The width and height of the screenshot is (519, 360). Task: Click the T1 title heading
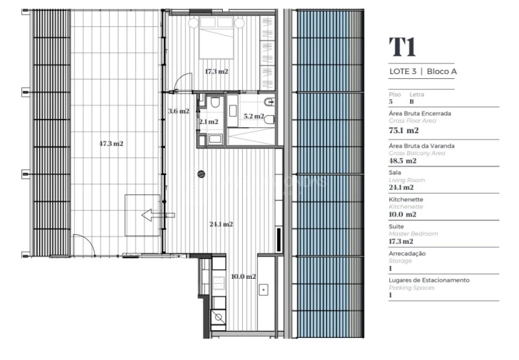click(x=402, y=47)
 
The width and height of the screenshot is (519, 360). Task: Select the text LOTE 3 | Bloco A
click(x=423, y=71)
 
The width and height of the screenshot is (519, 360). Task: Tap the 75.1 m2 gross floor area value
click(x=403, y=131)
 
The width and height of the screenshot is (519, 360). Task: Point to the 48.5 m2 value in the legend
click(x=403, y=161)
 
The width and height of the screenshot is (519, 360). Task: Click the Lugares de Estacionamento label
click(x=429, y=280)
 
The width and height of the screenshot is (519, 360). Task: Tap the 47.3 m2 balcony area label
click(x=111, y=143)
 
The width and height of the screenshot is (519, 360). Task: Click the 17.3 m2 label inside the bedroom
click(x=216, y=71)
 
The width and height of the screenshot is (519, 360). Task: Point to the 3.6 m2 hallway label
click(x=178, y=111)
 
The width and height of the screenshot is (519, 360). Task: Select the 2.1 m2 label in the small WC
click(x=209, y=122)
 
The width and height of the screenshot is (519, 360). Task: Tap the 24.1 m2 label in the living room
click(x=221, y=224)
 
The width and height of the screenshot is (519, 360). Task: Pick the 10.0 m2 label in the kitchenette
click(x=244, y=276)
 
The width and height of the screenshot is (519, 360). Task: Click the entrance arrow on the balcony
click(x=157, y=213)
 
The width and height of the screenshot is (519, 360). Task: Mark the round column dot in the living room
click(x=201, y=173)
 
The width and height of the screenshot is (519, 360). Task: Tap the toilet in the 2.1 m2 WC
click(x=215, y=104)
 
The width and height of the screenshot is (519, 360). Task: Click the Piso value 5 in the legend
click(x=391, y=102)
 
